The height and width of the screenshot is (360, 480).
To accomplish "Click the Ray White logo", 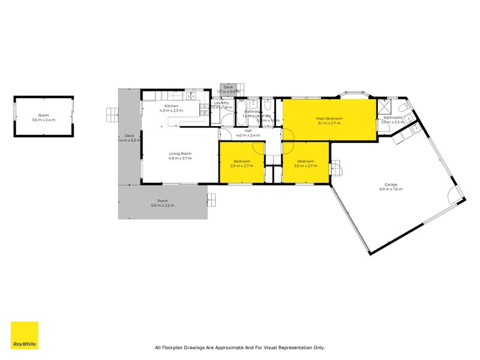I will (25, 335).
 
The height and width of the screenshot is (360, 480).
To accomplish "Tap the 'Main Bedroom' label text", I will (329, 118).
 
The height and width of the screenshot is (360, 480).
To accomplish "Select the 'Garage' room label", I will (391, 184).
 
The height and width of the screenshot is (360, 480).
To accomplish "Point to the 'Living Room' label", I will (179, 154).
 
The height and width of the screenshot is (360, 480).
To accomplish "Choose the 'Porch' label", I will (163, 200).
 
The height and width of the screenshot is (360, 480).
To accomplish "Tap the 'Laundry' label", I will (221, 103).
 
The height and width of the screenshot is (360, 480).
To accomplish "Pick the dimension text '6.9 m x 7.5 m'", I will (391, 190).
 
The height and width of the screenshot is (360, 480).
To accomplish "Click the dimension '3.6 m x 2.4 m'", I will (43, 120).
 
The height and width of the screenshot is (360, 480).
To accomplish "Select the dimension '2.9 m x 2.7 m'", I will (242, 166).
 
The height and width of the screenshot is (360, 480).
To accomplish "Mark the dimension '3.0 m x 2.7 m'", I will (305, 166).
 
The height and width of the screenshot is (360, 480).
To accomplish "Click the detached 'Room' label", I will (43, 115).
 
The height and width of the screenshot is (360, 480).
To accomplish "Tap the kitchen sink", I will (191, 95).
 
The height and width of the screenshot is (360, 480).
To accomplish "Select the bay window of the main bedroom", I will (353, 94).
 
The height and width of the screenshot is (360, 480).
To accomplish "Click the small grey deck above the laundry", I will (228, 89).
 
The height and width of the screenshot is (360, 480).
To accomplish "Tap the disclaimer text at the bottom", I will (239, 347).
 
